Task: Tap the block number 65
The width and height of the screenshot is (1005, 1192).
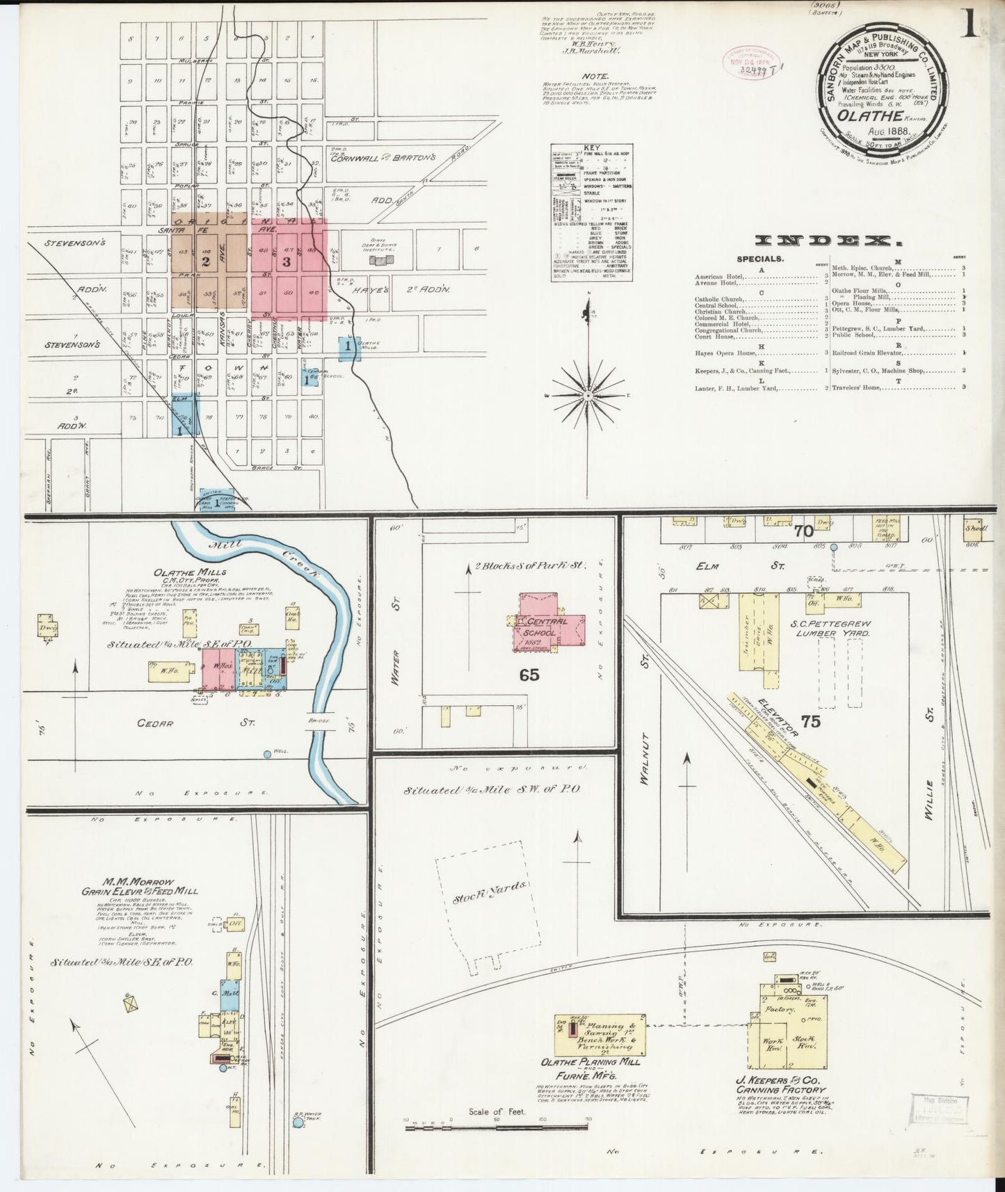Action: [x=529, y=675]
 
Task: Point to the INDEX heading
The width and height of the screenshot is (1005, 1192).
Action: [x=824, y=241]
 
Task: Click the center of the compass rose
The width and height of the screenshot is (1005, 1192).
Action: [x=588, y=395]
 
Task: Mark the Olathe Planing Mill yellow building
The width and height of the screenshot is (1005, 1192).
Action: [x=600, y=1036]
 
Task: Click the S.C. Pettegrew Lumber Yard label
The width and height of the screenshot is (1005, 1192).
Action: [x=833, y=629]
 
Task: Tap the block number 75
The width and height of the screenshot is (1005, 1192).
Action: [x=810, y=722]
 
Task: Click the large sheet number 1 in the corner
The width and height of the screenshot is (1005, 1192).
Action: [x=971, y=26]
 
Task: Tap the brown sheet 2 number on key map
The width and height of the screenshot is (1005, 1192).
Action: [x=204, y=261]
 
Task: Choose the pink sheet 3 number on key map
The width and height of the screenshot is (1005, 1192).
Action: [x=287, y=261]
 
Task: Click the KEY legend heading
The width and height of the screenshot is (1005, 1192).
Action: [x=592, y=149]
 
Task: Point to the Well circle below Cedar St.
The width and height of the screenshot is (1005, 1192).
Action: [x=267, y=753]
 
